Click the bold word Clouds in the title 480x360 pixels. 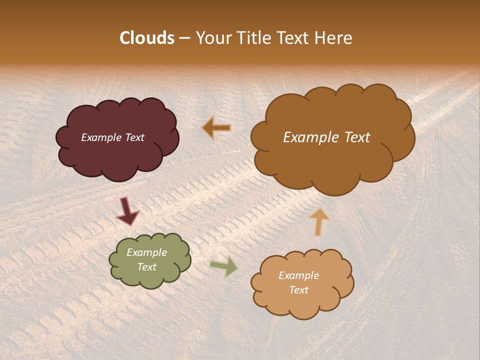(x=146, y=38)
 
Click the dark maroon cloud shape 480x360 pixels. (x=117, y=155)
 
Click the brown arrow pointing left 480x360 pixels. (x=216, y=128)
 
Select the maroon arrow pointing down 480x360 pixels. (x=127, y=211)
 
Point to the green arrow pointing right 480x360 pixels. (x=223, y=266)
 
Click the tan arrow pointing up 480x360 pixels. (x=319, y=221)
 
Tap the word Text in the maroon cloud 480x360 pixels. (x=134, y=137)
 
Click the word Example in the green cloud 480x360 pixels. (x=147, y=252)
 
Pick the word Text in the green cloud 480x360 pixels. (x=147, y=267)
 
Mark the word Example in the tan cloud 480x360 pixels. (x=298, y=275)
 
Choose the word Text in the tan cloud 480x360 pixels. (x=298, y=290)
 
